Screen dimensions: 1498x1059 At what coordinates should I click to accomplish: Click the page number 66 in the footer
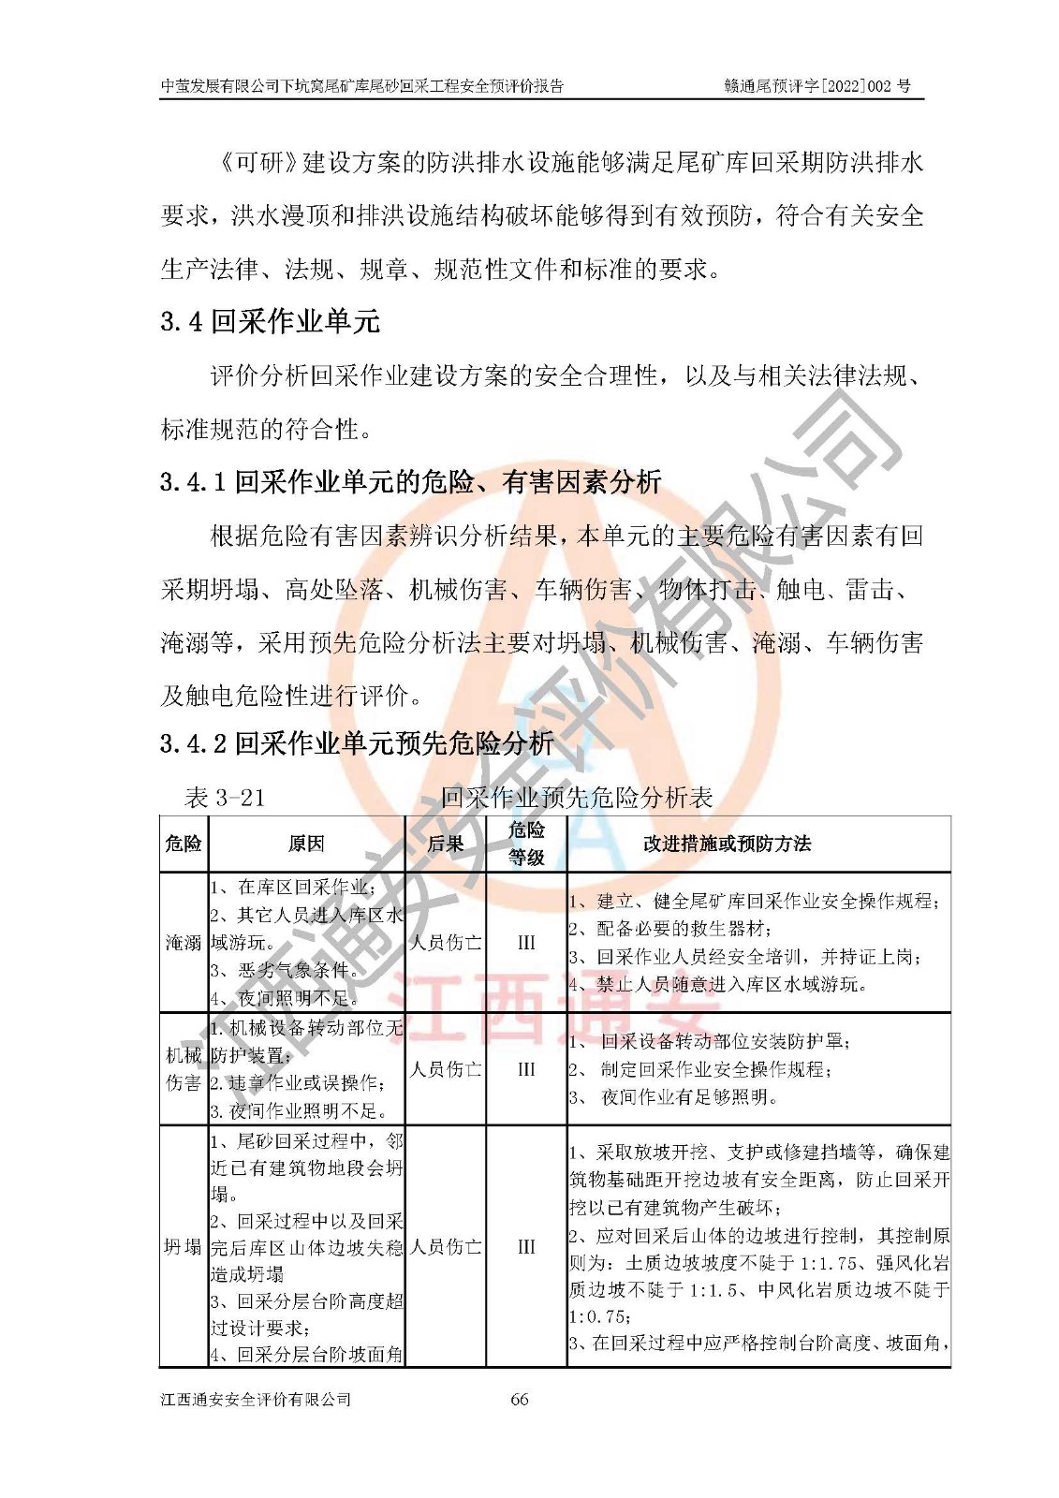[520, 1399]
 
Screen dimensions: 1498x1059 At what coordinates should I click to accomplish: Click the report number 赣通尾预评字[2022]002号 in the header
[816, 86]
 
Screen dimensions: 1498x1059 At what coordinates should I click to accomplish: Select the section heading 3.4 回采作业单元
[270, 322]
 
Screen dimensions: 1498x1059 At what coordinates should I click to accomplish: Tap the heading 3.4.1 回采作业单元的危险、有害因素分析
[411, 482]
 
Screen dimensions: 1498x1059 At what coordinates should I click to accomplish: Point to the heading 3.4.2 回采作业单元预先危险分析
[357, 743]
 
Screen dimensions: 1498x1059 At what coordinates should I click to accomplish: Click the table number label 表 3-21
[225, 798]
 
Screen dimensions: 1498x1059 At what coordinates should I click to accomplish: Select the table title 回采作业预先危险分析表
[577, 798]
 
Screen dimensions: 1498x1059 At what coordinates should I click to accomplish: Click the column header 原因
[305, 844]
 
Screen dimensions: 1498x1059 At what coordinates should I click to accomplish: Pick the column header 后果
[445, 844]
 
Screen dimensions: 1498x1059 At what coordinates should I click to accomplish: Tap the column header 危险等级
[526, 844]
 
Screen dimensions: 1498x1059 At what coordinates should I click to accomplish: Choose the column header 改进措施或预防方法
[727, 844]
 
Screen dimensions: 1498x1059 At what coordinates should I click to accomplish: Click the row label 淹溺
[184, 942]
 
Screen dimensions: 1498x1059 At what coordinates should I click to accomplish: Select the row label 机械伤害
[184, 1068]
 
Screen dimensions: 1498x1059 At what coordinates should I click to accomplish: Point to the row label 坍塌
[184, 1246]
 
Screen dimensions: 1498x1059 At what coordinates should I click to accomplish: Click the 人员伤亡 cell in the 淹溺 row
[445, 942]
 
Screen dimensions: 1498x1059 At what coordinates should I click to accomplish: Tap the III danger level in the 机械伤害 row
[526, 1068]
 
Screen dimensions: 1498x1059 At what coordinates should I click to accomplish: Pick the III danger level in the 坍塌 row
[526, 1246]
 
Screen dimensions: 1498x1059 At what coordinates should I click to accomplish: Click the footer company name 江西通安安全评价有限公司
[256, 1399]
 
